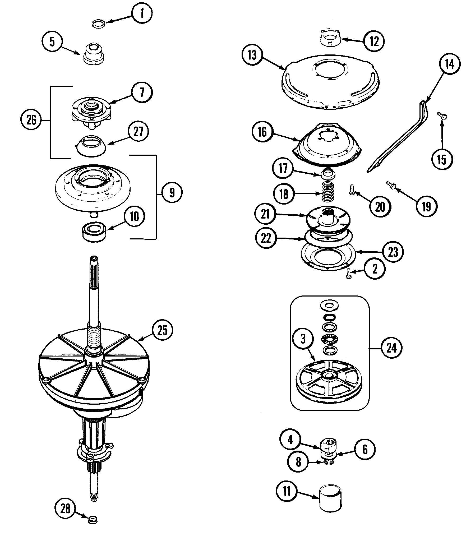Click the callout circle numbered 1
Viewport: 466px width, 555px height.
point(142,13)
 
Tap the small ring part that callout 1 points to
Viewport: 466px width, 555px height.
point(98,24)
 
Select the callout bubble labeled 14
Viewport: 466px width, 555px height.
point(450,64)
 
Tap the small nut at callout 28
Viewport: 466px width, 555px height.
point(93,520)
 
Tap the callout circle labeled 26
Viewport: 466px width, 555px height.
point(31,120)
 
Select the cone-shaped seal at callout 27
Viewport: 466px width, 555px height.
point(91,146)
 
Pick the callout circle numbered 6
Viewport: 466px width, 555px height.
point(365,449)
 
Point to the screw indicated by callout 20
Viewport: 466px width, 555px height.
point(351,190)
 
